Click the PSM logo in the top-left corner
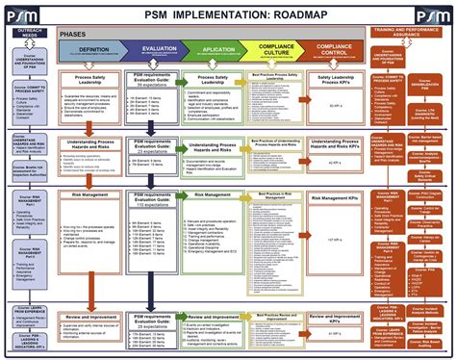(21, 13)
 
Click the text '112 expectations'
(154, 206)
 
